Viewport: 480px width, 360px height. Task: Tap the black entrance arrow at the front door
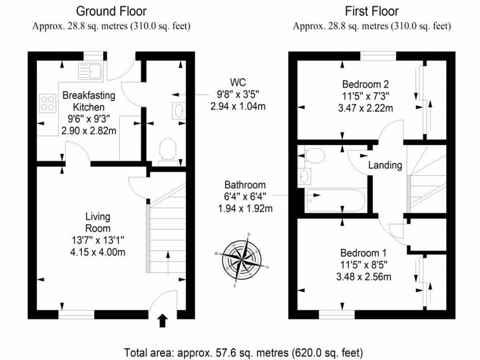click(x=163, y=320)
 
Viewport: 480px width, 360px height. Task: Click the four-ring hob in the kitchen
click(x=47, y=103)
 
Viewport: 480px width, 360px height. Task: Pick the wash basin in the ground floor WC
click(x=179, y=110)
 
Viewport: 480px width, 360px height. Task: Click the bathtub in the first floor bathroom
click(x=335, y=201)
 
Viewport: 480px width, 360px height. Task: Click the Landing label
click(x=385, y=165)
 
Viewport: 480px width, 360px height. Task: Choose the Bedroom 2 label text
click(x=365, y=85)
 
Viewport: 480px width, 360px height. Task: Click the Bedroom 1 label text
click(x=363, y=251)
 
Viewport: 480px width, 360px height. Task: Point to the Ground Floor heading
click(x=111, y=11)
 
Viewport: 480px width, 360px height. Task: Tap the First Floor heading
click(x=372, y=11)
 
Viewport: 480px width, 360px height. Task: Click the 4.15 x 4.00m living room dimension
click(x=98, y=252)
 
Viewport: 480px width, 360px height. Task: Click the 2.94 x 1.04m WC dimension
click(x=238, y=106)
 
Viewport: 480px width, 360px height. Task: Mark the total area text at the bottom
click(x=243, y=352)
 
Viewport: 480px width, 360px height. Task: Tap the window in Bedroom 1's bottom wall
click(x=337, y=314)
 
